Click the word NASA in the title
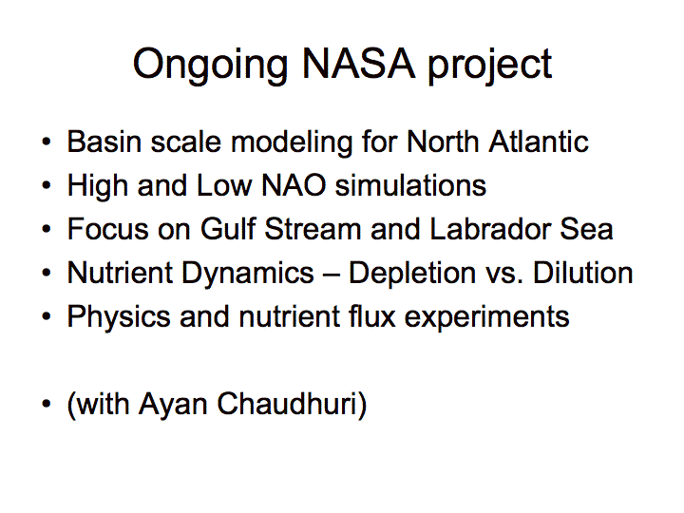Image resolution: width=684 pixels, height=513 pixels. click(x=358, y=64)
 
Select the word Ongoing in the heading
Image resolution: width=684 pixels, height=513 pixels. click(x=210, y=66)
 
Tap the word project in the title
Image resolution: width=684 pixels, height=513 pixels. click(x=489, y=66)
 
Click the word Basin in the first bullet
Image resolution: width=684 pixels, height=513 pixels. click(x=104, y=142)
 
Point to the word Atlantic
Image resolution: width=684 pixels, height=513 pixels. click(x=539, y=142)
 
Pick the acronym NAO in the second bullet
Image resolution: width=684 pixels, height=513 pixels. click(x=294, y=185)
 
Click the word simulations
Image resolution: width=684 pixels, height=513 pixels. click(x=410, y=185)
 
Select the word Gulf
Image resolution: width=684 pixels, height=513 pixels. click(x=228, y=229)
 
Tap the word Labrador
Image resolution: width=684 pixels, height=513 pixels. click(x=490, y=229)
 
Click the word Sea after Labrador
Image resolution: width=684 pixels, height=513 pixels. click(x=586, y=229)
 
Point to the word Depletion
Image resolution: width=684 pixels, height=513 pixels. click(x=412, y=274)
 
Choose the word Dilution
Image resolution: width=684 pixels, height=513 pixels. click(x=582, y=273)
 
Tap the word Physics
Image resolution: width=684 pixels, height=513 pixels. click(x=118, y=317)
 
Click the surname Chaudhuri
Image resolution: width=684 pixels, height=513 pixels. click(x=292, y=405)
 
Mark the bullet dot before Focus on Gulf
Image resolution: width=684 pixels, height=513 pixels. click(x=47, y=229)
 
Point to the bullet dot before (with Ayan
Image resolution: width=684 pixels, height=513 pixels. click(x=47, y=404)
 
